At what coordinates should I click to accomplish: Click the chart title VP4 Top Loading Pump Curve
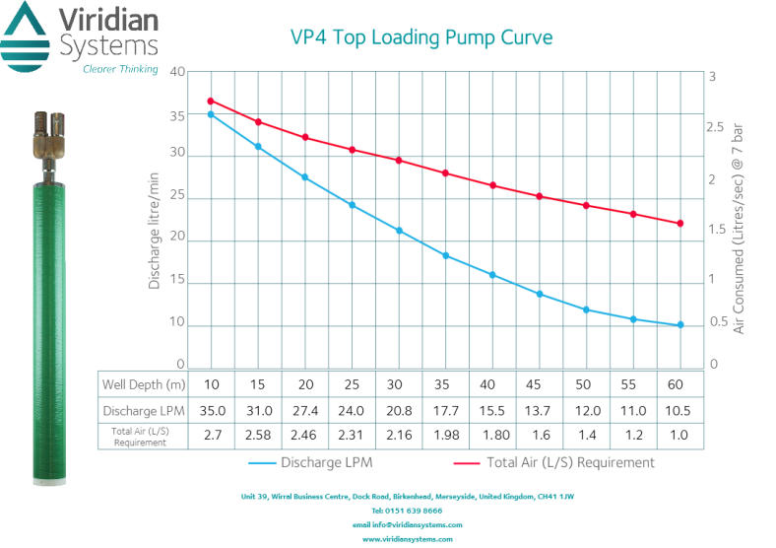tap(420, 38)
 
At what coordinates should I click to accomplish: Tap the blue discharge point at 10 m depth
tap(211, 114)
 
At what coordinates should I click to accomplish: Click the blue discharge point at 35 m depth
tap(446, 255)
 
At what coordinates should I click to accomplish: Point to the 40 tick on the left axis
tap(177, 72)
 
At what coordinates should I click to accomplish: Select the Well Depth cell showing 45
tap(540, 382)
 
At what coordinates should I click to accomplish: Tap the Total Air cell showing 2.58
tap(258, 435)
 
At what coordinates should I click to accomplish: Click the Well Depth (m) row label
tap(147, 382)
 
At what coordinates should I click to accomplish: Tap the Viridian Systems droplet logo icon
tap(26, 35)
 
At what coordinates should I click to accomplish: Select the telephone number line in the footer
tap(407, 511)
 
